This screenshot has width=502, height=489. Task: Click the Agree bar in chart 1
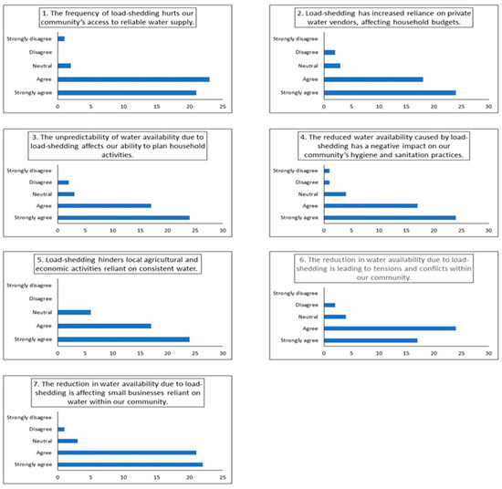pyautogui.click(x=133, y=79)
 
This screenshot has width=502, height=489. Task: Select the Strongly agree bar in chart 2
pyautogui.click(x=390, y=92)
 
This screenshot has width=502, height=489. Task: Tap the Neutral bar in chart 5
pyautogui.click(x=74, y=312)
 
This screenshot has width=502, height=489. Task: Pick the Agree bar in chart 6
pyautogui.click(x=390, y=328)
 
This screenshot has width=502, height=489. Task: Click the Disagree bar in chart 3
pyautogui.click(x=63, y=182)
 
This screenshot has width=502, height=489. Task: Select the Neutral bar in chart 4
pyautogui.click(x=335, y=193)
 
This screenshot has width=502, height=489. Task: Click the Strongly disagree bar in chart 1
pyautogui.click(x=60, y=38)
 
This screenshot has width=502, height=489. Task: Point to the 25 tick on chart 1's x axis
pyautogui.click(x=223, y=108)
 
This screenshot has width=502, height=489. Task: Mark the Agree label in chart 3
pyautogui.click(x=42, y=205)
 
